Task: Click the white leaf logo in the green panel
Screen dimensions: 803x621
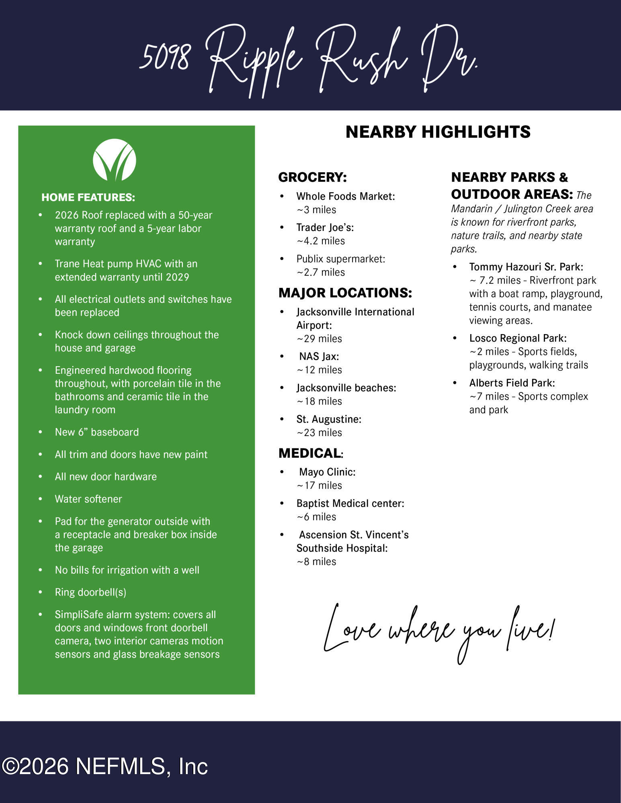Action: click(x=115, y=160)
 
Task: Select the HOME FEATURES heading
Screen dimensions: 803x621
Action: click(x=88, y=198)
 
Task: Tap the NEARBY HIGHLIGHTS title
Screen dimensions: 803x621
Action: click(x=438, y=132)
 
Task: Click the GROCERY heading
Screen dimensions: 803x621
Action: click(x=312, y=177)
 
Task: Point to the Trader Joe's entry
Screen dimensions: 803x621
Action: click(x=325, y=228)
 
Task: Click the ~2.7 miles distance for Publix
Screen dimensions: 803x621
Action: click(x=321, y=273)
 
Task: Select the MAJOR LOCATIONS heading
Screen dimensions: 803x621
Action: click(x=345, y=293)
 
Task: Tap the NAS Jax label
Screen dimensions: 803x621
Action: click(x=319, y=357)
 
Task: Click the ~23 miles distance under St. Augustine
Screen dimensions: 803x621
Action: click(x=319, y=433)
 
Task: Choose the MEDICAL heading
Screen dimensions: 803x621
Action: click(x=310, y=453)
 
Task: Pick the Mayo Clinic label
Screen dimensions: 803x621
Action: click(x=327, y=472)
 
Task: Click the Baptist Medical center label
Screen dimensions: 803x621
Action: click(x=350, y=503)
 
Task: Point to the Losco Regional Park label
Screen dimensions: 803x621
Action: click(x=518, y=338)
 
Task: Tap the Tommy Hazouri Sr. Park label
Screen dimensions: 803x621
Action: click(x=526, y=267)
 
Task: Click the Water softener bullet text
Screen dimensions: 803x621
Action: click(x=88, y=499)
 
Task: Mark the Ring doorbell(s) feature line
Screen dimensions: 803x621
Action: click(x=90, y=593)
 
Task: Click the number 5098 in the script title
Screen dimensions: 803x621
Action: click(x=164, y=57)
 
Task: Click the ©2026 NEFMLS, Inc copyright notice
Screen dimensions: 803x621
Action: click(x=105, y=766)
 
